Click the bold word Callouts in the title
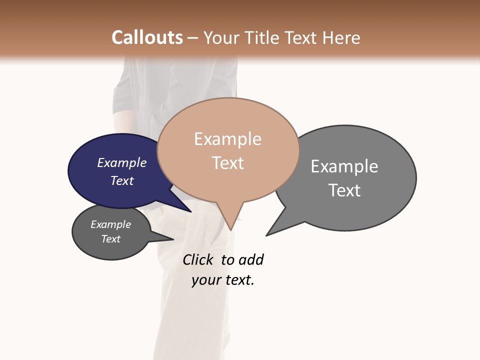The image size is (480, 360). tap(147, 37)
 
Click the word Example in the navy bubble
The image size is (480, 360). tap(121, 162)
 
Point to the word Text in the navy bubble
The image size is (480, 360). tap(121, 180)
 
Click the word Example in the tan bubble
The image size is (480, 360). tap(227, 139)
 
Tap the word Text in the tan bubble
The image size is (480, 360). tap(227, 163)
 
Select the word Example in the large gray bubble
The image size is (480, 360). tap(344, 166)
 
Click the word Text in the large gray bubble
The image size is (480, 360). tap(344, 190)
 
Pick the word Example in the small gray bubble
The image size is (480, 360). tap(110, 224)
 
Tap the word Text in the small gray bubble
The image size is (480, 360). tap(110, 239)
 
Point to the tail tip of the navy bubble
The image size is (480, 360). tap(190, 211)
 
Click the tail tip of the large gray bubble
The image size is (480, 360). tap(267, 235)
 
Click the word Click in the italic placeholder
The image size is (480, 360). tap(197, 260)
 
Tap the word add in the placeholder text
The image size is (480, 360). tap(251, 260)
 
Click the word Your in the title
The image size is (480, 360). tap(220, 37)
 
